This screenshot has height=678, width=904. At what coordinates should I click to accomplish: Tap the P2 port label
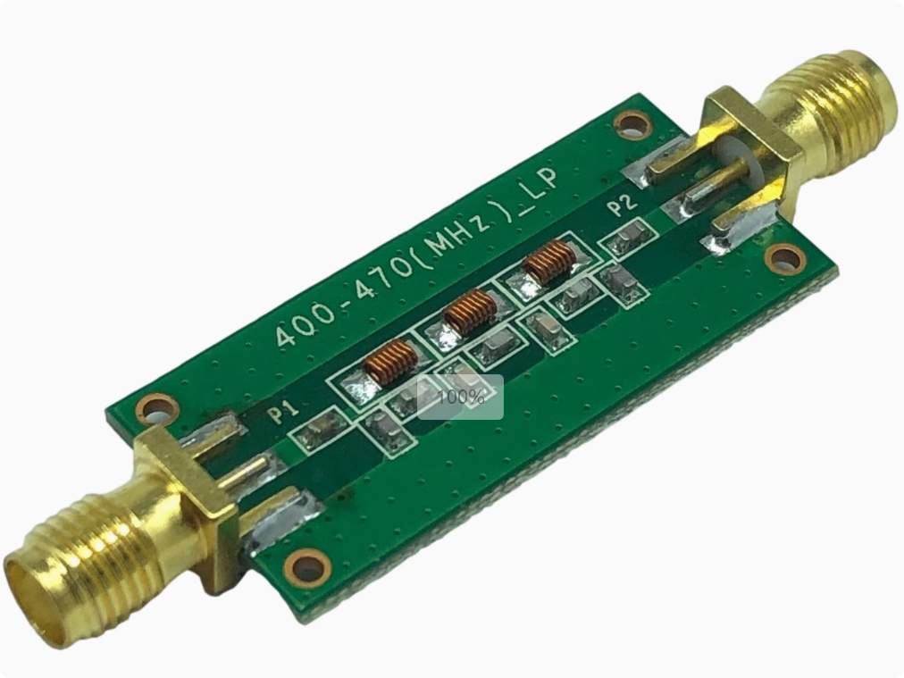(x=624, y=203)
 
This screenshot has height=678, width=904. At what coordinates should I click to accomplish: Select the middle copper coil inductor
(x=470, y=313)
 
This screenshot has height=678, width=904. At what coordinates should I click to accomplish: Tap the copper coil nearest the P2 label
(x=548, y=263)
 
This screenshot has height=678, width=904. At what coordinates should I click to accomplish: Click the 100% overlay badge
(x=460, y=397)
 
